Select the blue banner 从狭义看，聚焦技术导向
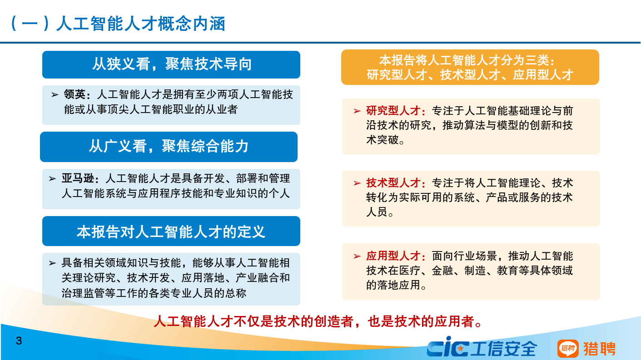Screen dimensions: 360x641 click(x=171, y=64)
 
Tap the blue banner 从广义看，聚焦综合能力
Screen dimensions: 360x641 click(x=169, y=147)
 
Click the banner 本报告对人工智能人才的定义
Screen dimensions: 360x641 click(x=171, y=232)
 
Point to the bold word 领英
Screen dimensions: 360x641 click(x=74, y=95)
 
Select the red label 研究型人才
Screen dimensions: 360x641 click(x=393, y=111)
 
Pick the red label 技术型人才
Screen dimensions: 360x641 click(x=393, y=183)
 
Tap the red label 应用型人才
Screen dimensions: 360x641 click(x=393, y=256)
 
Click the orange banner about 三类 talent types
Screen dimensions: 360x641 click(x=470, y=67)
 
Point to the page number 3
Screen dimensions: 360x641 click(x=19, y=341)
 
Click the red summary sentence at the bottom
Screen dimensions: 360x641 click(x=318, y=321)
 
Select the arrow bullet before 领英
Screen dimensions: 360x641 click(x=55, y=95)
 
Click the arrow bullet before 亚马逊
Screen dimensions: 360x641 click(x=53, y=178)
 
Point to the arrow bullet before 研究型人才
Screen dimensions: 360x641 click(x=357, y=111)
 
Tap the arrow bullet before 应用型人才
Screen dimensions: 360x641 click(x=357, y=256)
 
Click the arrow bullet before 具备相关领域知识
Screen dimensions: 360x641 click(x=53, y=263)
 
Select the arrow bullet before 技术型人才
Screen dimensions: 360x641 click(x=357, y=183)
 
